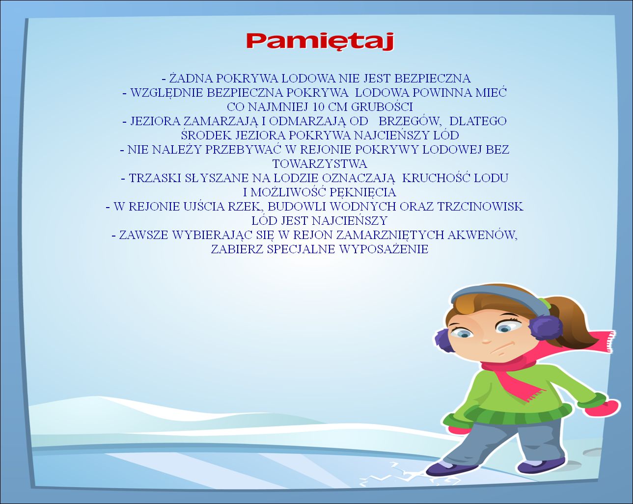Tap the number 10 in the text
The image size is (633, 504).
point(318,107)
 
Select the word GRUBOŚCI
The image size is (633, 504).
point(382,106)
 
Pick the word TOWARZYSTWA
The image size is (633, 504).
point(320,164)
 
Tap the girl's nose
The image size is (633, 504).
point(487,341)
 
